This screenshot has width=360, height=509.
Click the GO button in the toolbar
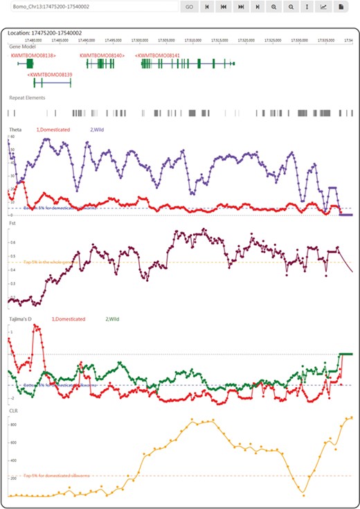coord(189,6)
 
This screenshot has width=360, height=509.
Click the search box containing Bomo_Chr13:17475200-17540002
coord(90,6)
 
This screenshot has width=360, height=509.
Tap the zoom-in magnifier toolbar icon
coord(274,6)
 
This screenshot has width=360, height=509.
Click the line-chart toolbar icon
coord(323,6)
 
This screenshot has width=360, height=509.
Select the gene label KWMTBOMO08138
coord(33,54)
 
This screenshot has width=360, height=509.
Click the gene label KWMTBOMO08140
coord(102,54)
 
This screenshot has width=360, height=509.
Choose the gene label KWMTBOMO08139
coord(49,73)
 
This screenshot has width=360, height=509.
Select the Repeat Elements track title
coord(27,98)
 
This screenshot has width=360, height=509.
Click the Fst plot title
coord(12,224)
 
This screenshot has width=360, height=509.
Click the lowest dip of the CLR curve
coord(302,492)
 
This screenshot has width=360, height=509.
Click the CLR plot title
coord(13,411)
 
